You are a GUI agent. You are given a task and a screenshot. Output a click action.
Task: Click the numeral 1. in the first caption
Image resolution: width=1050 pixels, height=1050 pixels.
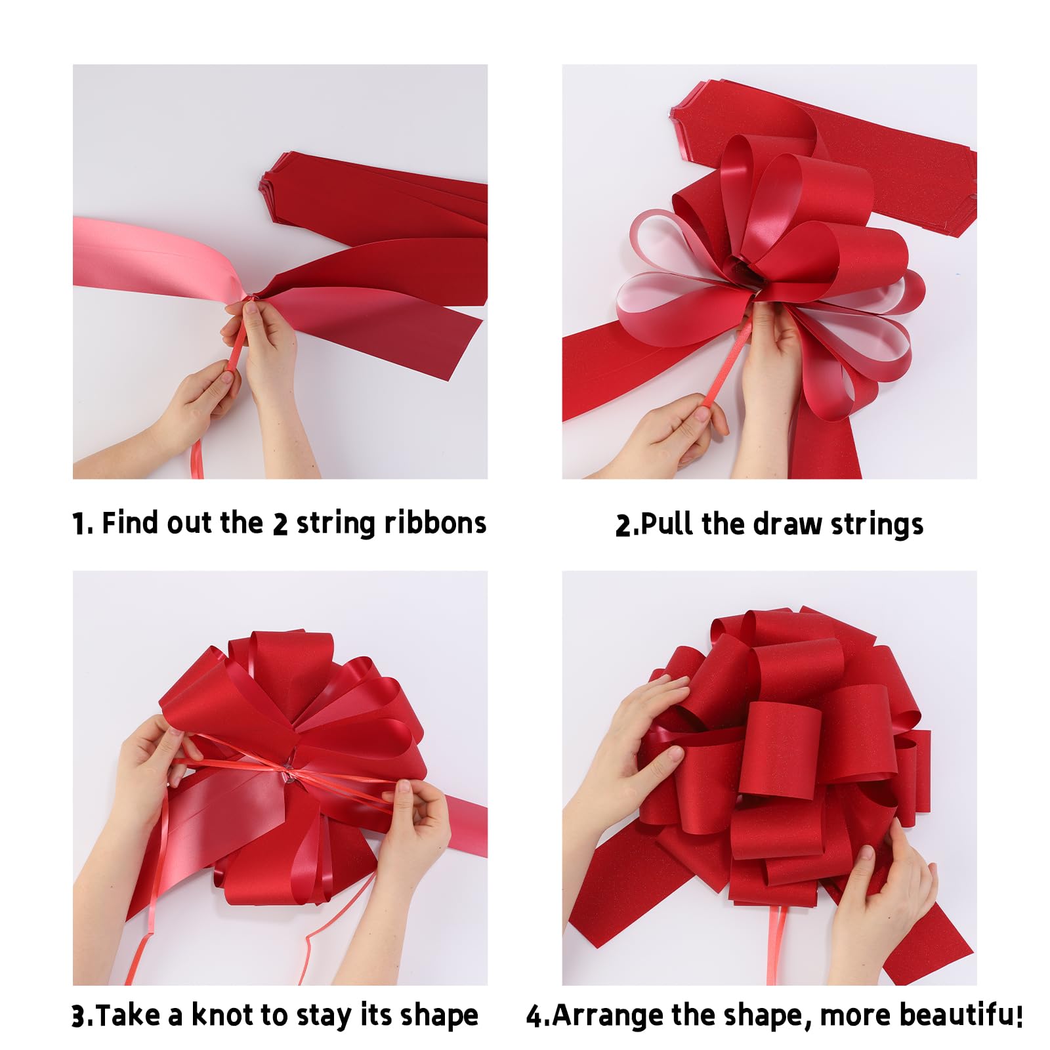point(82,524)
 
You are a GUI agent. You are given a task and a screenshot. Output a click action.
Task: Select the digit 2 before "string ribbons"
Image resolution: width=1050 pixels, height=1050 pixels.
point(280,524)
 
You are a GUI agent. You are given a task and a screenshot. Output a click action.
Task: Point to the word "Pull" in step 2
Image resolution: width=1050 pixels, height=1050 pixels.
point(666,524)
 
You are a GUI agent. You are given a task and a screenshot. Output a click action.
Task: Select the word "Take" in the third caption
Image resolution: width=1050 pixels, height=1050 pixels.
point(129,1015)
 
